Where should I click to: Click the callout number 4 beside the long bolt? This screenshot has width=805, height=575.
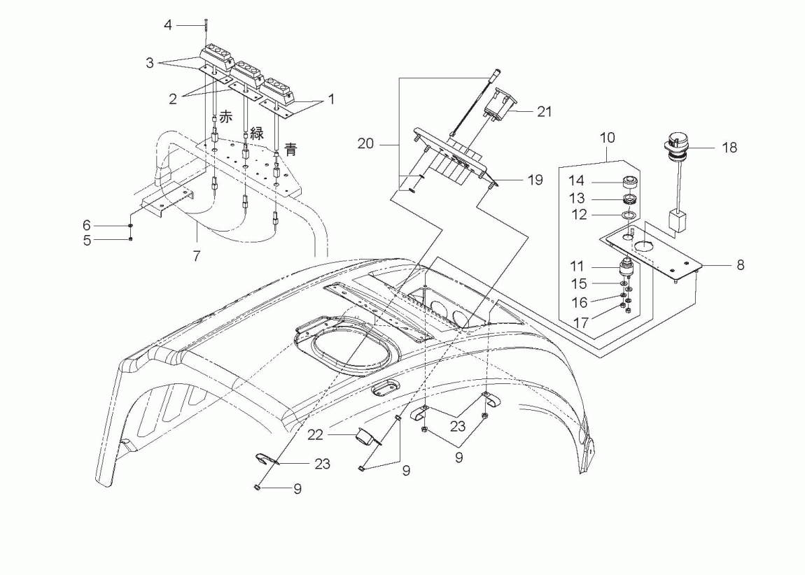point(168,24)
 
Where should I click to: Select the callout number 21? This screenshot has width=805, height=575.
point(544,111)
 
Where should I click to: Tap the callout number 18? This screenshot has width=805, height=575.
point(729,148)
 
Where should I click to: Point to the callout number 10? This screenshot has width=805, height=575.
point(607,138)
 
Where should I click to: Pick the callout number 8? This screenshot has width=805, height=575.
point(740,265)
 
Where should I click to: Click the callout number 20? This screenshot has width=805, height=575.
point(365,143)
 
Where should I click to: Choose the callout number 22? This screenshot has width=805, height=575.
point(315,435)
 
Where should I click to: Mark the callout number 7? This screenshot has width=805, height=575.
point(197,255)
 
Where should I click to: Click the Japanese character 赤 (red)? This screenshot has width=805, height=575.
point(226,117)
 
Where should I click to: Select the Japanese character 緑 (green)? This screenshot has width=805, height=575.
point(257,134)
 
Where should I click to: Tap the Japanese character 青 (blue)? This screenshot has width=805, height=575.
point(290,149)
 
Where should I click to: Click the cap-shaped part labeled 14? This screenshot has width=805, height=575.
point(629,182)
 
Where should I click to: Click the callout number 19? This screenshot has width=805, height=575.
point(535,180)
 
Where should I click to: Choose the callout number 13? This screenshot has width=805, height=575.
point(577,198)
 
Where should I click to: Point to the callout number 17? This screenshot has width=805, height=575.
point(580,323)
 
